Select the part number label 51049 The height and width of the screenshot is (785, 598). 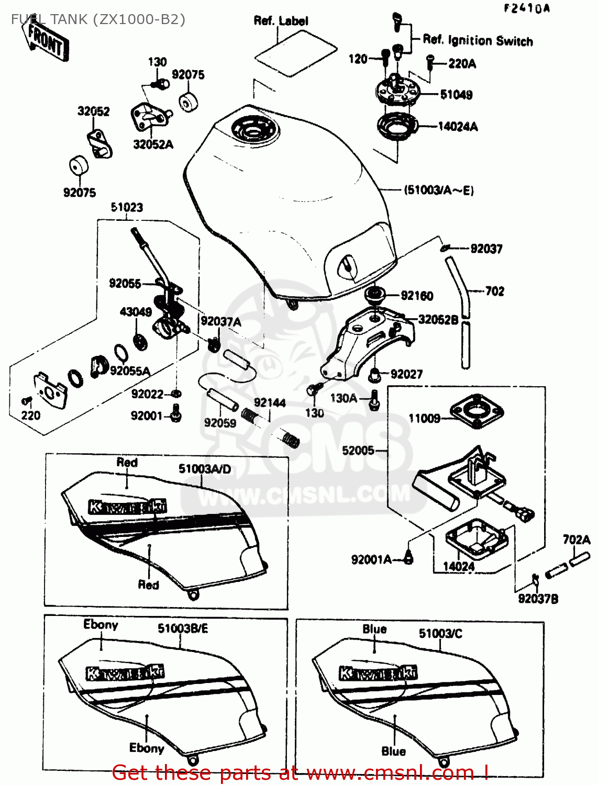[456, 95]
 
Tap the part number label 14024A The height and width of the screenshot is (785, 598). [458, 127]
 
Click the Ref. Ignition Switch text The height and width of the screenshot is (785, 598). [478, 40]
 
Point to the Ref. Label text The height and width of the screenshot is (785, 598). [281, 21]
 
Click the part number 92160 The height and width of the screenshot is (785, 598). [417, 296]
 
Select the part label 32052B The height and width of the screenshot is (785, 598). [438, 319]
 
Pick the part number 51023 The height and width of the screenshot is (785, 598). [127, 207]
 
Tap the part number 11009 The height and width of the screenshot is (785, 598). [424, 418]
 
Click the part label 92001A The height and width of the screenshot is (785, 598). [371, 560]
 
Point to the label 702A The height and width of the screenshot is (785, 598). [576, 540]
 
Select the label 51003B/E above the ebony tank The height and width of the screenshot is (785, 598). [183, 628]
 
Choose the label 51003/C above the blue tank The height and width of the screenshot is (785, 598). [440, 633]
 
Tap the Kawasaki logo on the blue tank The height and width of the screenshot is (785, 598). [378, 673]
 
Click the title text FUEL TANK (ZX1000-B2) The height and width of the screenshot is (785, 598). [98, 19]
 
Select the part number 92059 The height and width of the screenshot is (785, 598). [220, 423]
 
